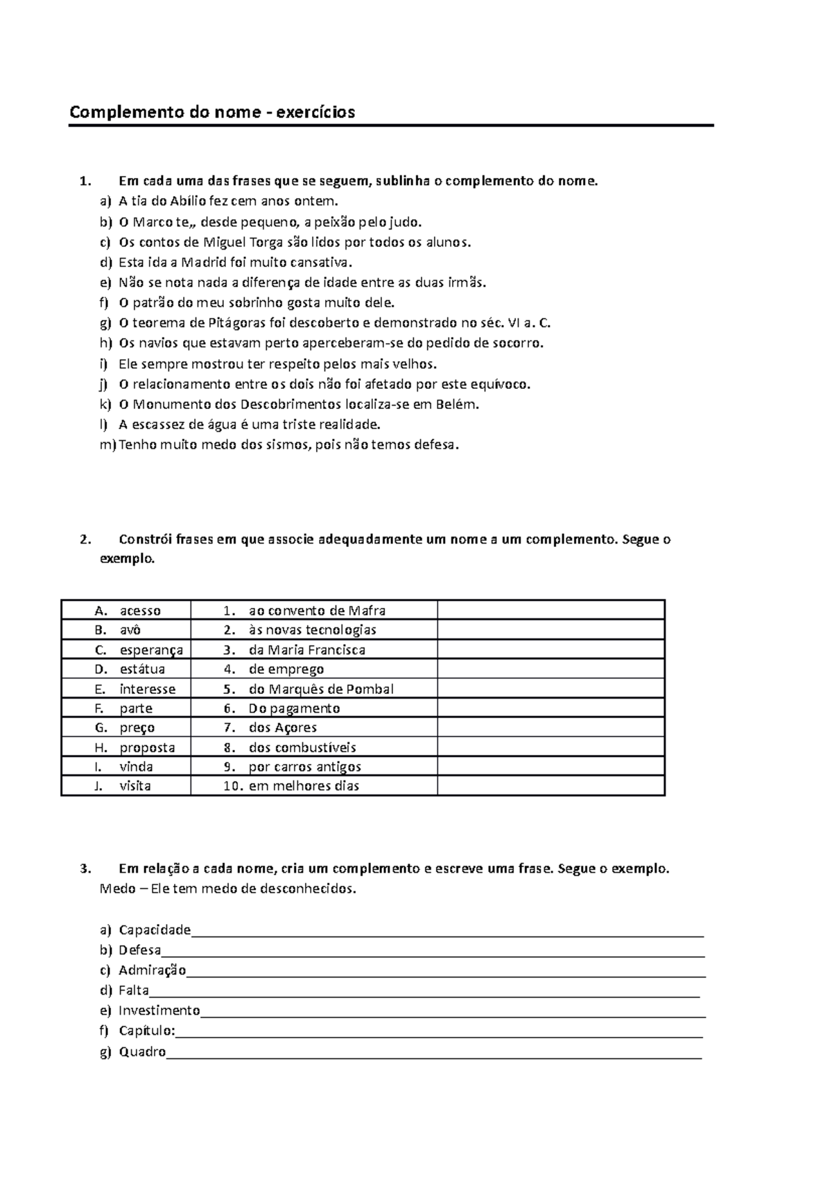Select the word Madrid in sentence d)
(x=200, y=263)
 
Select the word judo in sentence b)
(x=404, y=223)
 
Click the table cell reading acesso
(x=140, y=611)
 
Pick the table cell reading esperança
(x=151, y=650)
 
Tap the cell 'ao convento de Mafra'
(x=317, y=611)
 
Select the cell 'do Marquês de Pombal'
(x=321, y=689)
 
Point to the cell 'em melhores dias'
(x=304, y=786)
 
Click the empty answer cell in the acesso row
(x=551, y=611)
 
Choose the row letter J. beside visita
(x=99, y=786)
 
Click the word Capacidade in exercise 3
(x=155, y=930)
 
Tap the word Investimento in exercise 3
(x=159, y=1011)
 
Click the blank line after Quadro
(x=433, y=1054)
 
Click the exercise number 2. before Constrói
(x=85, y=539)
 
